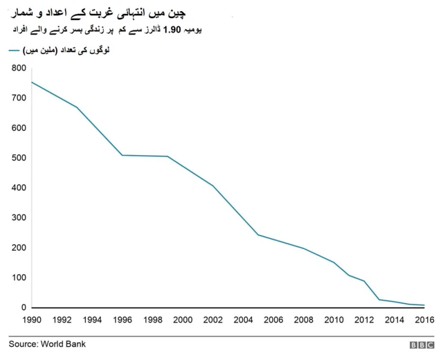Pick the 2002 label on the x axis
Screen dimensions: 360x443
213,320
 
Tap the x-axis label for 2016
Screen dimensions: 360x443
424,320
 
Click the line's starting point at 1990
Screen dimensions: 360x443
31,82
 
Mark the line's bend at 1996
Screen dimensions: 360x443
122,155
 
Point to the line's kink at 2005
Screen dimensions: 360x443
257,235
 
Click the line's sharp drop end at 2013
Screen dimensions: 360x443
379,299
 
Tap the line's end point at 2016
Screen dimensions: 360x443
424,305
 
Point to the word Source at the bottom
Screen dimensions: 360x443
24,343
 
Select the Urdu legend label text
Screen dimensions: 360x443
69,51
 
